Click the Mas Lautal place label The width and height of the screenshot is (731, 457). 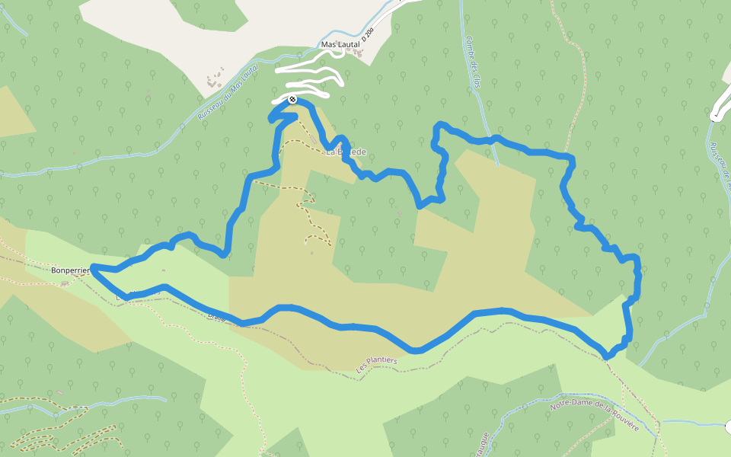tap(340, 45)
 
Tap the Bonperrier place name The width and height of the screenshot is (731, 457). tap(71, 270)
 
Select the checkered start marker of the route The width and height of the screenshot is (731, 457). tap(292, 99)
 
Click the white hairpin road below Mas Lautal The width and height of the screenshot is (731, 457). tap(312, 77)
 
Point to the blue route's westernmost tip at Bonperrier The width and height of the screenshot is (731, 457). tap(93, 267)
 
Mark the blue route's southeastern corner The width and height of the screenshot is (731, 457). tap(607, 356)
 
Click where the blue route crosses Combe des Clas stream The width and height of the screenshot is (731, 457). tap(493, 139)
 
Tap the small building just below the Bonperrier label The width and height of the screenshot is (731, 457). tap(65, 284)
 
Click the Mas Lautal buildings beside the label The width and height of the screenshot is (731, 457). tap(358, 53)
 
